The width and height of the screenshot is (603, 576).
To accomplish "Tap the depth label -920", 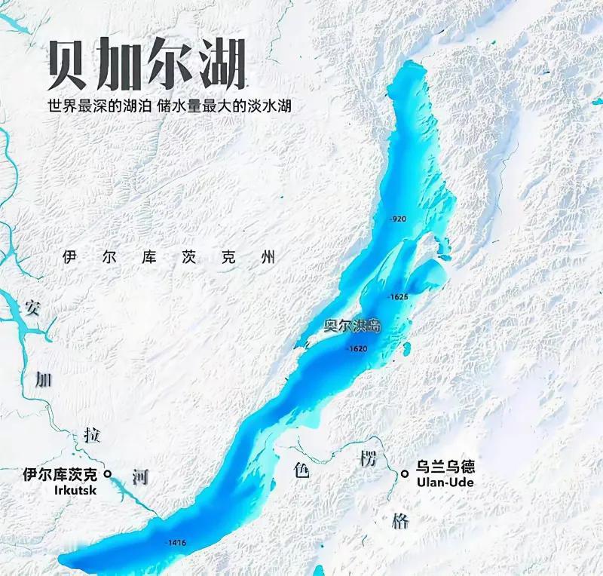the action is click(x=398, y=219).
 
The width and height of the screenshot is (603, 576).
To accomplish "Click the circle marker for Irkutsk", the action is click(x=108, y=474).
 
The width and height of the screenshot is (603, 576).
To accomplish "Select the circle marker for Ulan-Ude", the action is click(x=406, y=473).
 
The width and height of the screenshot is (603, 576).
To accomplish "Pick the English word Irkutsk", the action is click(x=76, y=490).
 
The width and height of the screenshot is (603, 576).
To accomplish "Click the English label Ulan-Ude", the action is click(x=445, y=482).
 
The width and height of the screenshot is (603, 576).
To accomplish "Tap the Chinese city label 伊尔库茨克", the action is click(x=60, y=474).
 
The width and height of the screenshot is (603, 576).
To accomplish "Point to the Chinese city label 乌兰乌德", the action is click(x=445, y=467).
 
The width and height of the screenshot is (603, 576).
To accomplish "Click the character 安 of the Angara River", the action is click(x=32, y=308).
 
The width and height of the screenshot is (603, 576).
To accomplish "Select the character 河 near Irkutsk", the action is click(x=140, y=476).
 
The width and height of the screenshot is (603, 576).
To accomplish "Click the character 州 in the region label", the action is click(x=266, y=257).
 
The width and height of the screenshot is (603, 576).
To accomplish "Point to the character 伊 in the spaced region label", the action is click(x=70, y=257).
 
